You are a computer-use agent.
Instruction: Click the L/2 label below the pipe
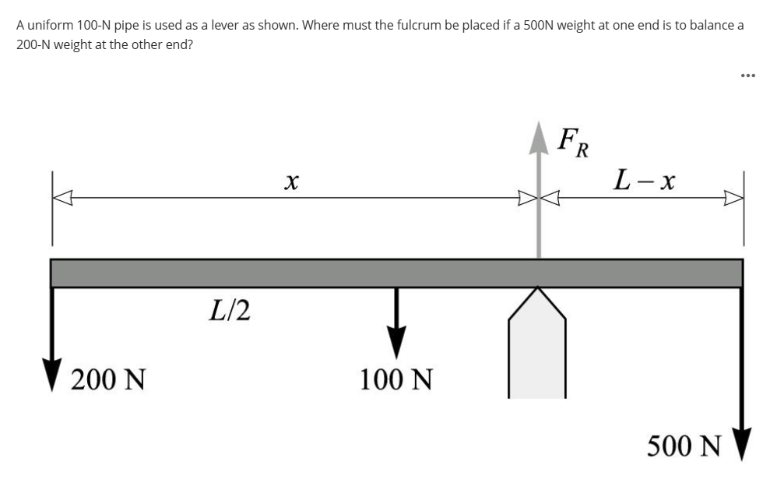tap(230, 310)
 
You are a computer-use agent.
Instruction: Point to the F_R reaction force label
tap(575, 142)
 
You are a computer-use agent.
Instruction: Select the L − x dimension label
tap(644, 182)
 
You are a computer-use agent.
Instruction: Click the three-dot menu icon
tap(749, 76)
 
